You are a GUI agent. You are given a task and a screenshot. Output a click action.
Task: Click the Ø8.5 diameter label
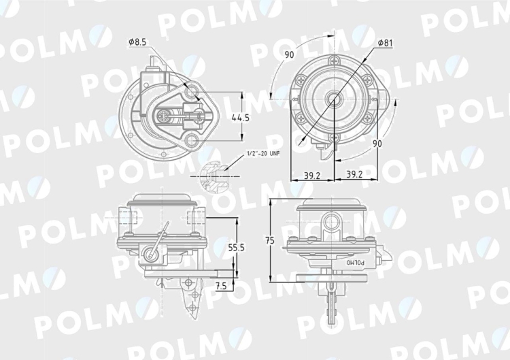click(x=137, y=42)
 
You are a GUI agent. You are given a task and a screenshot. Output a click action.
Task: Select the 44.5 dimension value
click(x=240, y=118)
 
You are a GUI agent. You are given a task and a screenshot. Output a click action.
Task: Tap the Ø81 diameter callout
click(x=386, y=43)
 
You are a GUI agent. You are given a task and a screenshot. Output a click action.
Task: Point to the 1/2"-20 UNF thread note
click(x=263, y=153)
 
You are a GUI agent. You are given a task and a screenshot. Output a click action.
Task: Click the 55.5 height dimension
click(x=245, y=248)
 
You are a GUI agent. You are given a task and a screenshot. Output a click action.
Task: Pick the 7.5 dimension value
click(x=221, y=286)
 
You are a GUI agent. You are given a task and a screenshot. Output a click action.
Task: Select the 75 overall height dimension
click(x=270, y=240)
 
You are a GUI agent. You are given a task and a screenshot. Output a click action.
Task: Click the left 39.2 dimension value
click(x=312, y=175)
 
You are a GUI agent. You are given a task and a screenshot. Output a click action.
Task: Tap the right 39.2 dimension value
click(x=354, y=174)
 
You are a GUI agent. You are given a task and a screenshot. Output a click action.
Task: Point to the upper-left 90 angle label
click(x=289, y=54)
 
